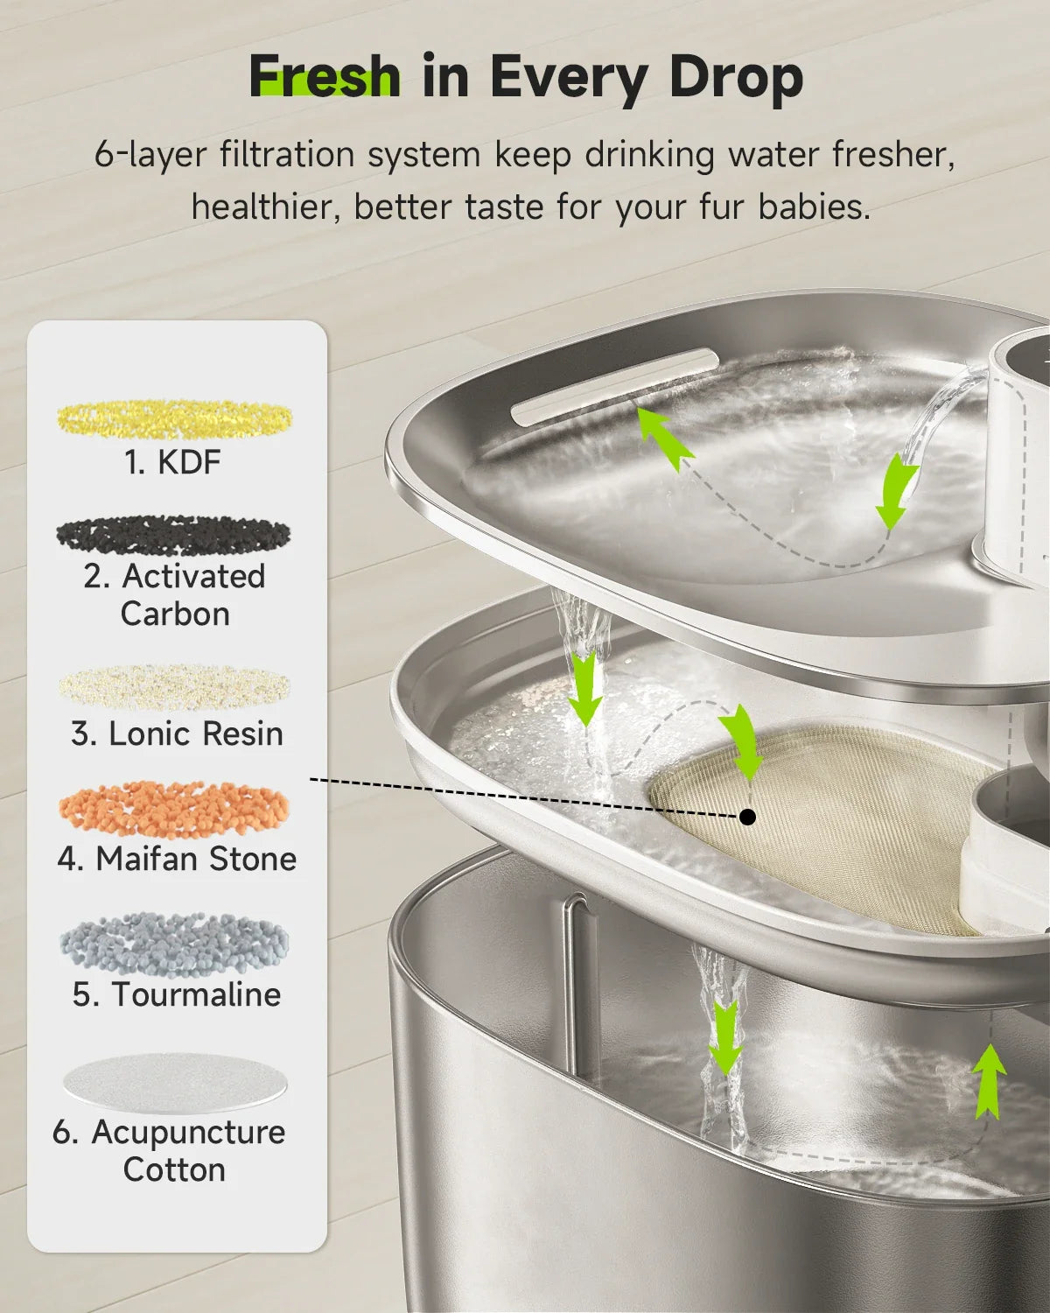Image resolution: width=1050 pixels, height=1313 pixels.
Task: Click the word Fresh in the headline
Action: (325, 77)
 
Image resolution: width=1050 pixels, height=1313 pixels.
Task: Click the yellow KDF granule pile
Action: (175, 418)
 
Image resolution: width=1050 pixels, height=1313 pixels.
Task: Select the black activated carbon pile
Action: (173, 534)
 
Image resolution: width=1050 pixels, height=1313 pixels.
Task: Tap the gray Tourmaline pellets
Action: (174, 944)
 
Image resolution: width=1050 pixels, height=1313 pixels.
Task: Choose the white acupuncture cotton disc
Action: (174, 1084)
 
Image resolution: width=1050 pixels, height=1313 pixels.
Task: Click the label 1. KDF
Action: (173, 462)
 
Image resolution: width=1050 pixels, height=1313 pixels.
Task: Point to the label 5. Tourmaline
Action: (177, 994)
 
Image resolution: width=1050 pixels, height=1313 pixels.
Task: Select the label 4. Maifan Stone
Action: (177, 859)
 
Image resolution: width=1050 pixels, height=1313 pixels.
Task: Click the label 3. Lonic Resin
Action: (177, 734)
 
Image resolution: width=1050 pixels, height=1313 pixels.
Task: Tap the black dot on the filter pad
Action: (747, 817)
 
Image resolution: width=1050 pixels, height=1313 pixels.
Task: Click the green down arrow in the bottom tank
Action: (724, 1037)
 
